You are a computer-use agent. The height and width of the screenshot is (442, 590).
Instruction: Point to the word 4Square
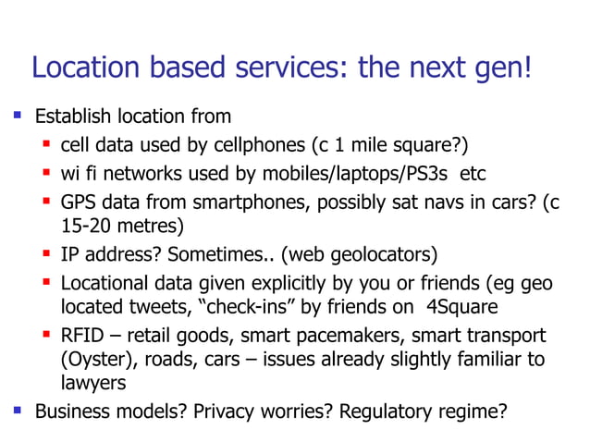(467, 306)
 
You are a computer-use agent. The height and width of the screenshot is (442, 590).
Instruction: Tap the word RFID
(81, 335)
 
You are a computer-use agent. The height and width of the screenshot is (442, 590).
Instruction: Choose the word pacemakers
(355, 335)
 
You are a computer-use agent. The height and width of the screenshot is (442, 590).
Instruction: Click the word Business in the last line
(71, 410)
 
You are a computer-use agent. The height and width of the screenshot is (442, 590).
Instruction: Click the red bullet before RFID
(47, 335)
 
